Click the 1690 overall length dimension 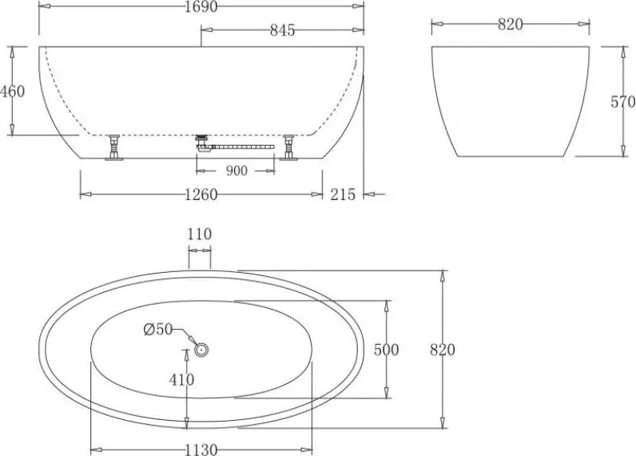point(201,6)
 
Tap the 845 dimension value point(282,30)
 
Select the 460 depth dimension point(13,91)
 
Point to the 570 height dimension point(623,102)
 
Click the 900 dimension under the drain point(236,171)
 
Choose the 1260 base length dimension point(201,195)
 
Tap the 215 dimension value point(343,194)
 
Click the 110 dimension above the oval point(200,234)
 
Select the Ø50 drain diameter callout point(158,330)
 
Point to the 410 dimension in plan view point(181,380)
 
